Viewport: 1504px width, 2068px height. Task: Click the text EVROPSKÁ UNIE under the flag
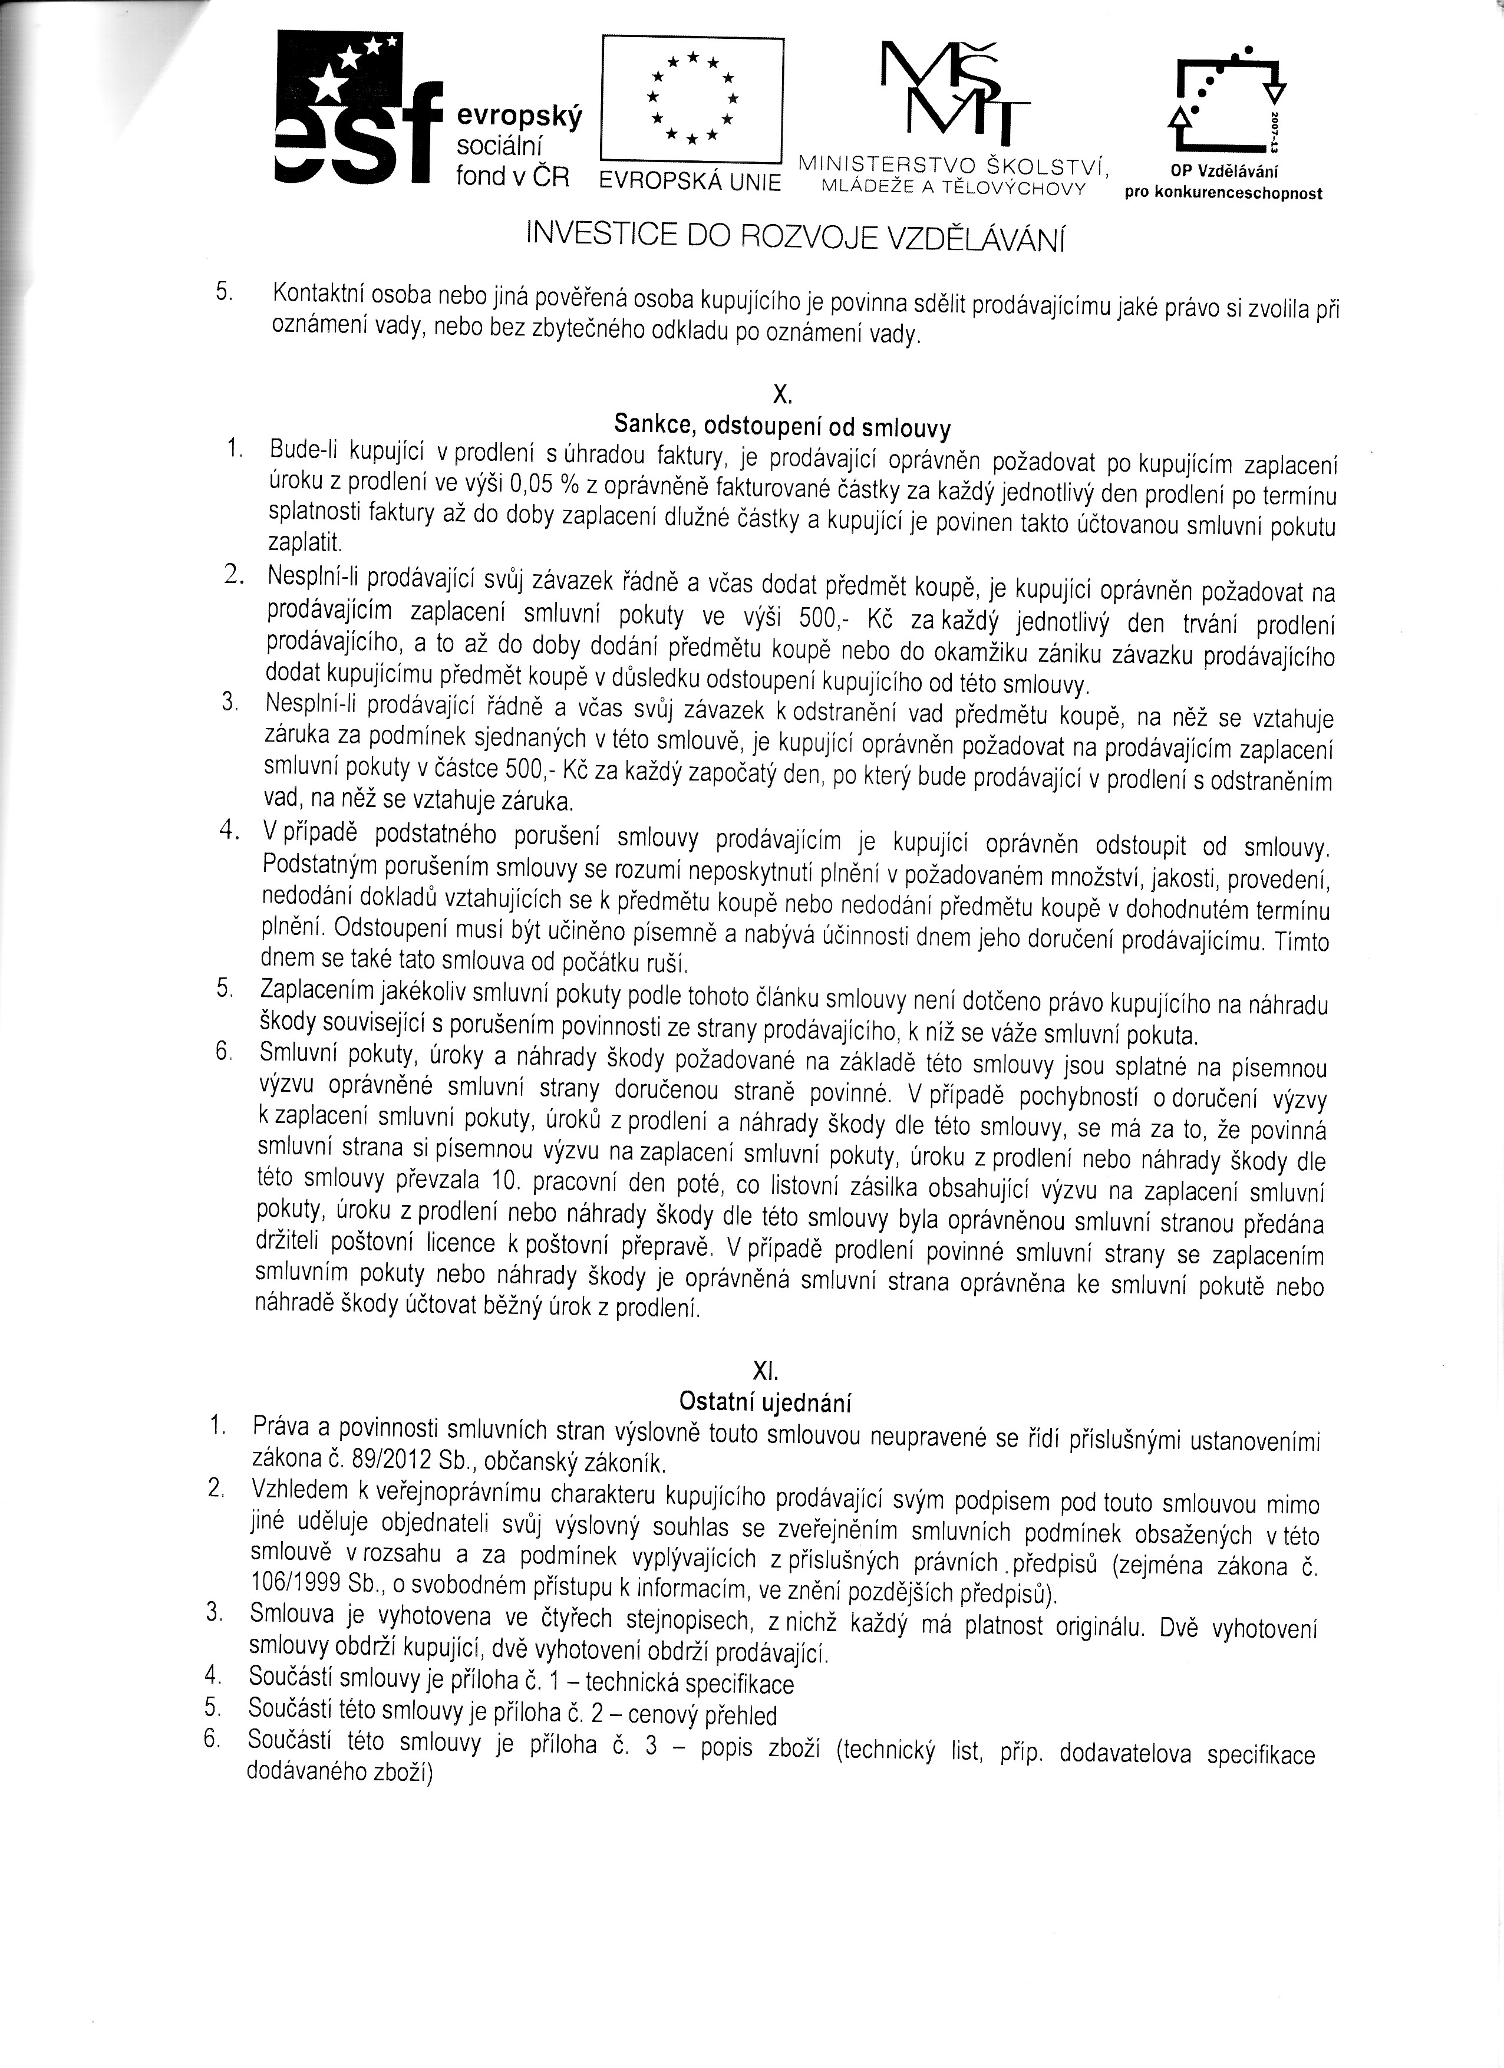(x=690, y=182)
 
